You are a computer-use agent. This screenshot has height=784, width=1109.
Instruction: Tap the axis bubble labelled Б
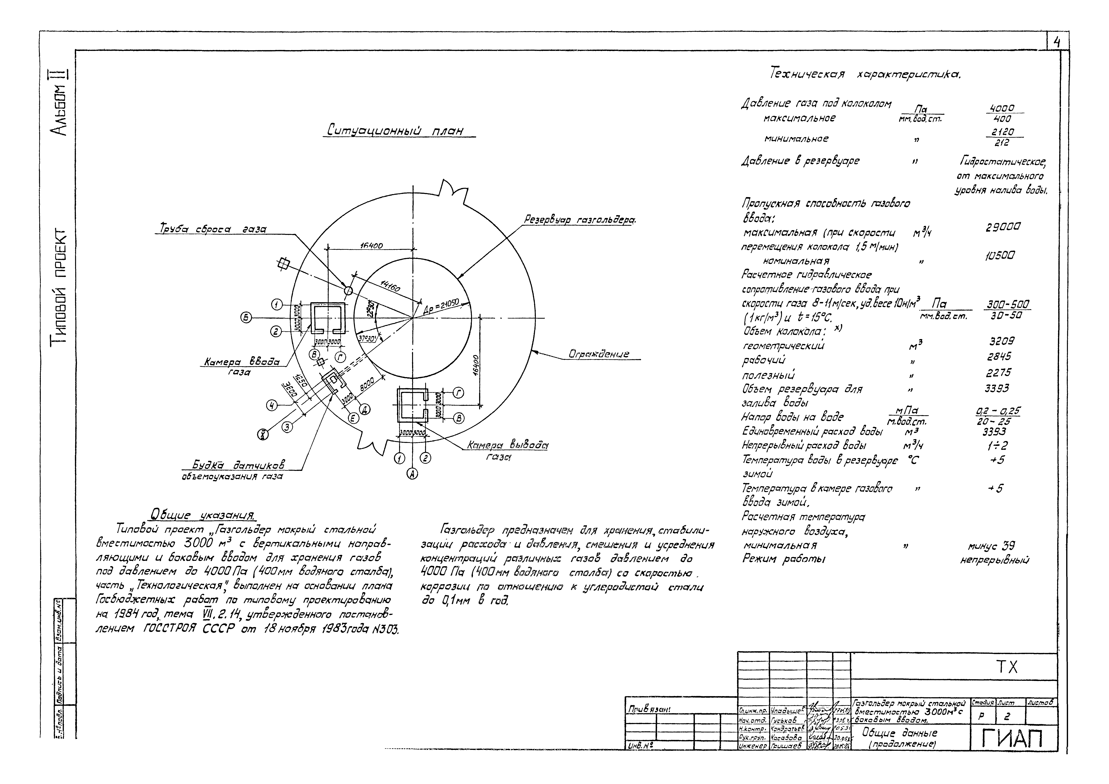coord(246,317)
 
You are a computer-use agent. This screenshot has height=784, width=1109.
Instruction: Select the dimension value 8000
coord(367,385)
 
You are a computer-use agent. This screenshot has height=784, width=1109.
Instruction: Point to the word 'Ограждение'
coord(599,354)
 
